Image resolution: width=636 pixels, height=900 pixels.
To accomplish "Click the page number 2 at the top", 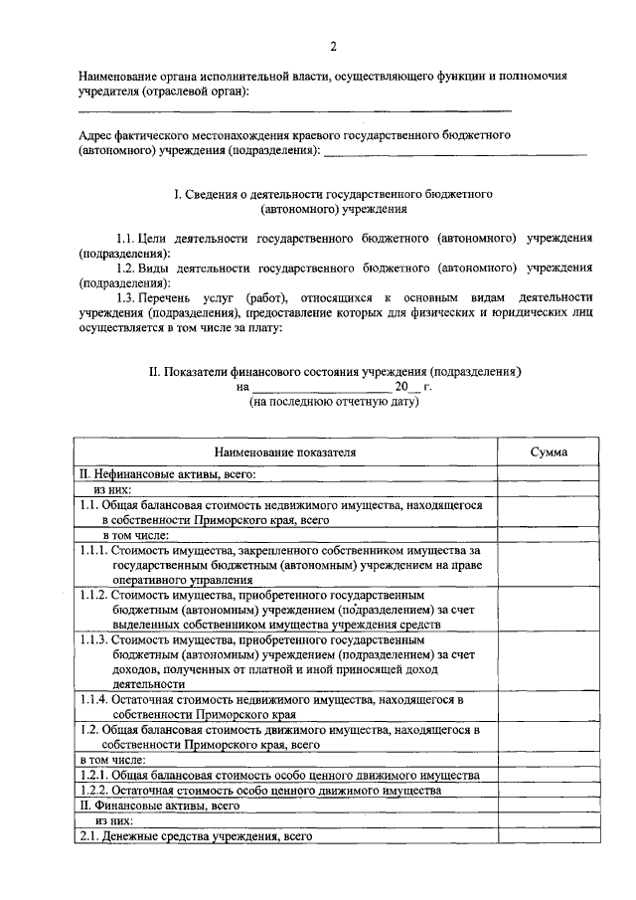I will (334, 46).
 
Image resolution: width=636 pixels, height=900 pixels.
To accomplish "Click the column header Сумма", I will (549, 451).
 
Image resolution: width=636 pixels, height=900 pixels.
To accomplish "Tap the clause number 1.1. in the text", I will (130, 240).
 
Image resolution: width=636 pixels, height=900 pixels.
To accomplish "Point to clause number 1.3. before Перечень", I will (130, 297).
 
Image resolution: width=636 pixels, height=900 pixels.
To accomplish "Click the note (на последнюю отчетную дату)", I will (333, 403).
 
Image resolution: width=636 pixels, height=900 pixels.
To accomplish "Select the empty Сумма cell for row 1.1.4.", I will (549, 706).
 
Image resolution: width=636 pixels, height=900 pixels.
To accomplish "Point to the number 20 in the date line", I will (401, 387).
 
